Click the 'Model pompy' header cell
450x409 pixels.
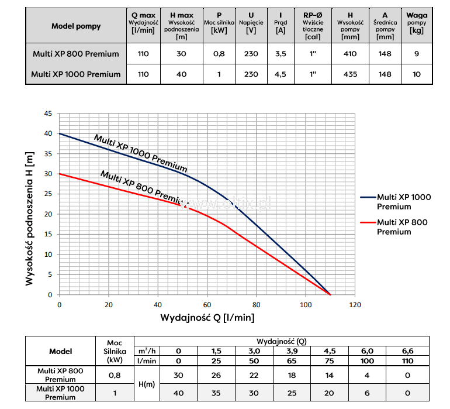(76, 26)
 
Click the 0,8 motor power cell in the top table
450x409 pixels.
(219, 54)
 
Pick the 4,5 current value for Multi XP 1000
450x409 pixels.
(281, 74)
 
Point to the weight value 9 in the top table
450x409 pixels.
(416, 54)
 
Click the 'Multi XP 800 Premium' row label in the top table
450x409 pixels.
(76, 54)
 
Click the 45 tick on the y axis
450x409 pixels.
(49, 114)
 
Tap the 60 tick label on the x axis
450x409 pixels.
(207, 305)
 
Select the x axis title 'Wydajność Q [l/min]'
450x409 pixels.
(207, 318)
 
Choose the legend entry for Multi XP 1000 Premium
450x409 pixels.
(403, 201)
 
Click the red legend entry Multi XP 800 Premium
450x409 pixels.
(402, 226)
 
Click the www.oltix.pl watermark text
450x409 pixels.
(226, 204)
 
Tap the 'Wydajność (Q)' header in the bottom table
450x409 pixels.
(281, 341)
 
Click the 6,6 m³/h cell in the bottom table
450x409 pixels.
(408, 350)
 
